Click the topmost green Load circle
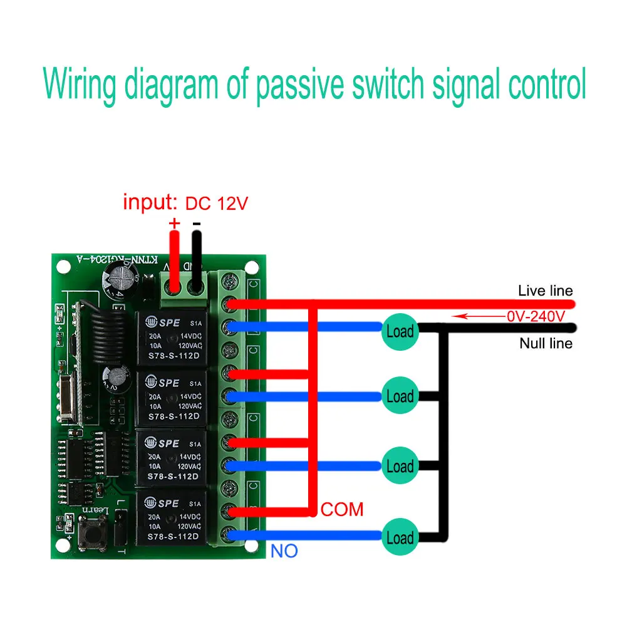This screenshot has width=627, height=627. point(400,331)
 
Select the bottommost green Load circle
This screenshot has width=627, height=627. point(400,537)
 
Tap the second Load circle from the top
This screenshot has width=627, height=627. point(400,396)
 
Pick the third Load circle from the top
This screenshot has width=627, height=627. point(400,467)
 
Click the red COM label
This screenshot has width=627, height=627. point(342,509)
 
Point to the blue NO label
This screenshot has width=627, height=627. point(284,551)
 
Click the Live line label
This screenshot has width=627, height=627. point(545,291)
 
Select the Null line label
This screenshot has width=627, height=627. point(546,343)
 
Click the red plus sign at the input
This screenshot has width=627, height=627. point(174,223)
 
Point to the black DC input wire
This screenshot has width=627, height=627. point(197,260)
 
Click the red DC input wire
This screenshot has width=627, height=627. point(174,260)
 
